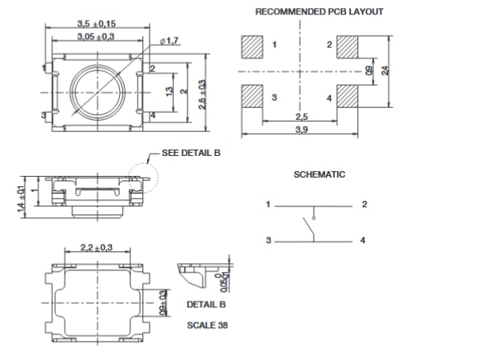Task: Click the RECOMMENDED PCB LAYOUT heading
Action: (319, 12)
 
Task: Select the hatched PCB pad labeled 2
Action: (349, 47)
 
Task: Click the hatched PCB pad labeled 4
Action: (349, 97)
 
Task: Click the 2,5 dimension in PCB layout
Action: (301, 117)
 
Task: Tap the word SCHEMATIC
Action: (319, 174)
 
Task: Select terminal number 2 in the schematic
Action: (364, 205)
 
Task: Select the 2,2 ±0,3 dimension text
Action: (97, 247)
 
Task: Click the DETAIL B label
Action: (206, 305)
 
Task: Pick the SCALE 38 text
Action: (206, 325)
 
